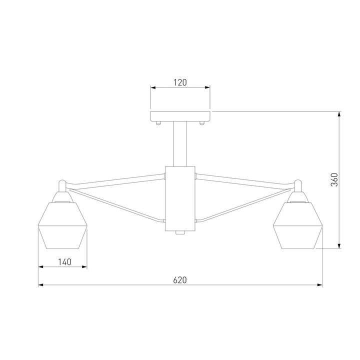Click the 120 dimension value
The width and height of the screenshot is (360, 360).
(180, 81)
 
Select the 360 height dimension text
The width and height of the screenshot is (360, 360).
(334, 179)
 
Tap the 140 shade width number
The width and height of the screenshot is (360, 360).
(64, 261)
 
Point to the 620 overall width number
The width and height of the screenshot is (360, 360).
(180, 280)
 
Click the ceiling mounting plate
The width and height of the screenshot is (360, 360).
(180, 116)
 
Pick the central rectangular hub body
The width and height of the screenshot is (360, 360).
(180, 198)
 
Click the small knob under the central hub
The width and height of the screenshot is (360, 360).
(180, 233)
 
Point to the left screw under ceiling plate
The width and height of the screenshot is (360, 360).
(158, 122)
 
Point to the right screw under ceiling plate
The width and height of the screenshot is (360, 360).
(202, 122)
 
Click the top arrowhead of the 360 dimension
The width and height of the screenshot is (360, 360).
(340, 114)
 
